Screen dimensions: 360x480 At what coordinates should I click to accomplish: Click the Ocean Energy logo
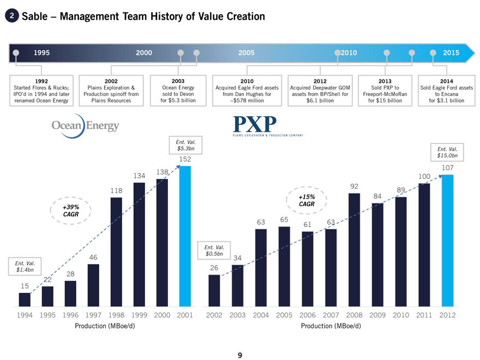click(x=85, y=126)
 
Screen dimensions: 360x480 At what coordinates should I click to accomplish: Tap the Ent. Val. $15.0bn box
click(x=447, y=152)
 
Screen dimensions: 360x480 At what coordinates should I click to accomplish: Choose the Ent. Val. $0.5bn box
click(x=214, y=251)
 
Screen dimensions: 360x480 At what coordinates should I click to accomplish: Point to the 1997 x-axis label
click(x=93, y=315)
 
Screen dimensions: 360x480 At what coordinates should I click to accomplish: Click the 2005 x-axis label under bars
click(x=284, y=315)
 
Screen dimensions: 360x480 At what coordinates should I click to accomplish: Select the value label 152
click(x=185, y=159)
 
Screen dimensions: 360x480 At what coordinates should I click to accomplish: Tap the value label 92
click(x=353, y=186)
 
